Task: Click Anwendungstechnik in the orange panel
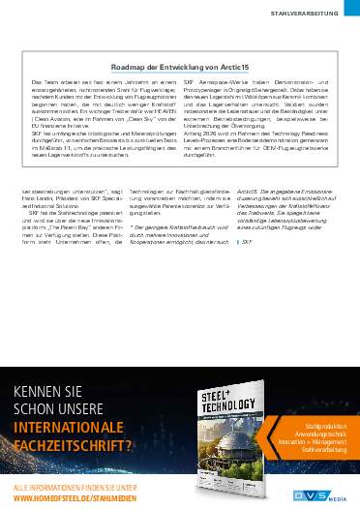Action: pos(320,433)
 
